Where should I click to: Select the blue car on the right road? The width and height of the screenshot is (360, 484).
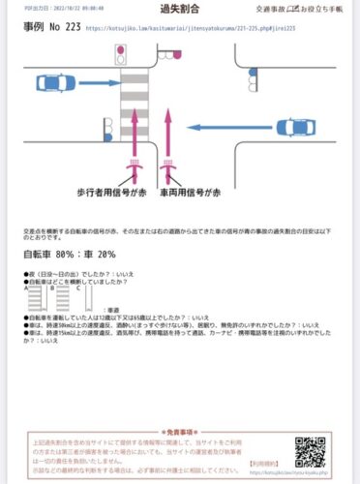(300, 127)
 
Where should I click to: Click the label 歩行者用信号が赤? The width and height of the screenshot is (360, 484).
(108, 194)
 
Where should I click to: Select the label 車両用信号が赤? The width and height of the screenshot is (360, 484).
(187, 194)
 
